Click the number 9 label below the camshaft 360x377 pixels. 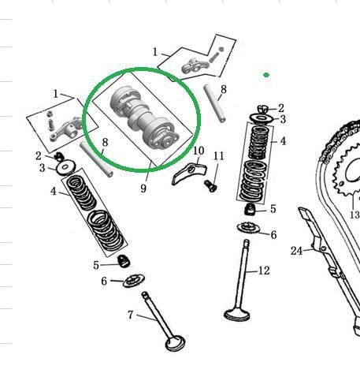[143, 188]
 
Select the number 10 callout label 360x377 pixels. [199, 151]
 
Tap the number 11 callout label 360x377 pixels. [219, 156]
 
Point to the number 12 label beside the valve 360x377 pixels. [264, 271]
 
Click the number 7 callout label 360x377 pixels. [131, 315]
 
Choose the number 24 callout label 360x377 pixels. [297, 251]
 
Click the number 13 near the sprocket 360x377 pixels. [354, 215]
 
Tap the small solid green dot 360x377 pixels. [266, 75]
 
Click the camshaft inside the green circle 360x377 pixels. [144, 118]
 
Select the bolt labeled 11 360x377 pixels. [210, 186]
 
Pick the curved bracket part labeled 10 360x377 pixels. [189, 173]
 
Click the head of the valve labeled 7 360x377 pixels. [175, 343]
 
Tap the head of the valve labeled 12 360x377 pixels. [236, 315]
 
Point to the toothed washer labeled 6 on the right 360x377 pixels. [248, 228]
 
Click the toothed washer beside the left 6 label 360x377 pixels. [134, 280]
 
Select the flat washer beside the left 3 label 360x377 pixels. [65, 167]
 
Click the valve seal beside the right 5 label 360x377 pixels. [250, 209]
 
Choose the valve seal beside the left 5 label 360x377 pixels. [124, 261]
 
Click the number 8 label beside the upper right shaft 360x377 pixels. [224, 90]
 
